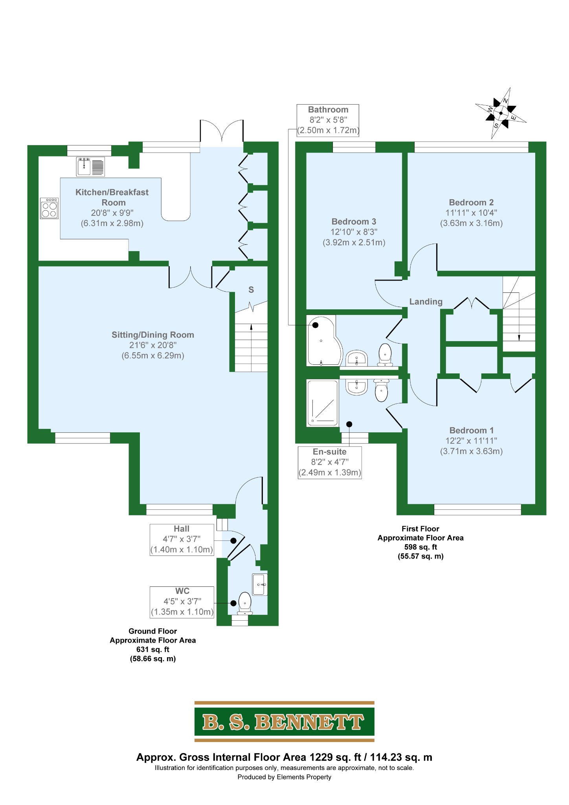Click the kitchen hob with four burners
[x=50, y=208]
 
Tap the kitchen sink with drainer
[x=90, y=166]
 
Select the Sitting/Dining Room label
[x=153, y=335]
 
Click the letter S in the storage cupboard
[x=251, y=290]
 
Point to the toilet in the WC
[x=245, y=603]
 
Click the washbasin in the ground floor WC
[x=260, y=584]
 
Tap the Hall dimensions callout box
[x=182, y=539]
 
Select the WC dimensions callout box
[x=182, y=602]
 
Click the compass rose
[x=501, y=113]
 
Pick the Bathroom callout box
[x=328, y=120]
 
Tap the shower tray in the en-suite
[x=323, y=403]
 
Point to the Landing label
[x=426, y=301]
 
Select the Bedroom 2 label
[x=471, y=202]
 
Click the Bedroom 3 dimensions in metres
[x=354, y=243]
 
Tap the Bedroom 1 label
[x=472, y=430]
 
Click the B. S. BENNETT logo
[x=284, y=722]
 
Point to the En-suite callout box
[x=330, y=462]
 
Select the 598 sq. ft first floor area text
[x=420, y=547]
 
